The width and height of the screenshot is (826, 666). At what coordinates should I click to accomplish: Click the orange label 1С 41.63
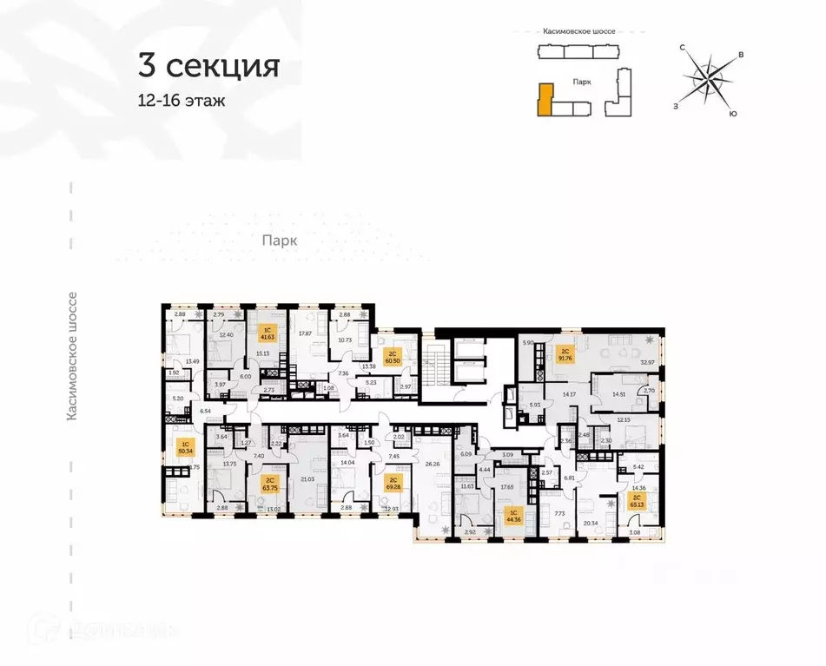(x=268, y=333)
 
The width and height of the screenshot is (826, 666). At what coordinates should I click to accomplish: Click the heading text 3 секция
(x=208, y=65)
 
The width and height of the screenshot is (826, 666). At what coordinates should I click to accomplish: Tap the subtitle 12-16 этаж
(x=181, y=101)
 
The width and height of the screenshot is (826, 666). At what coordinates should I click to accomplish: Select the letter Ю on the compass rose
(x=734, y=114)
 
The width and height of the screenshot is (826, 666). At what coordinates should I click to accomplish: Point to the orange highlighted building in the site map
(x=545, y=98)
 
